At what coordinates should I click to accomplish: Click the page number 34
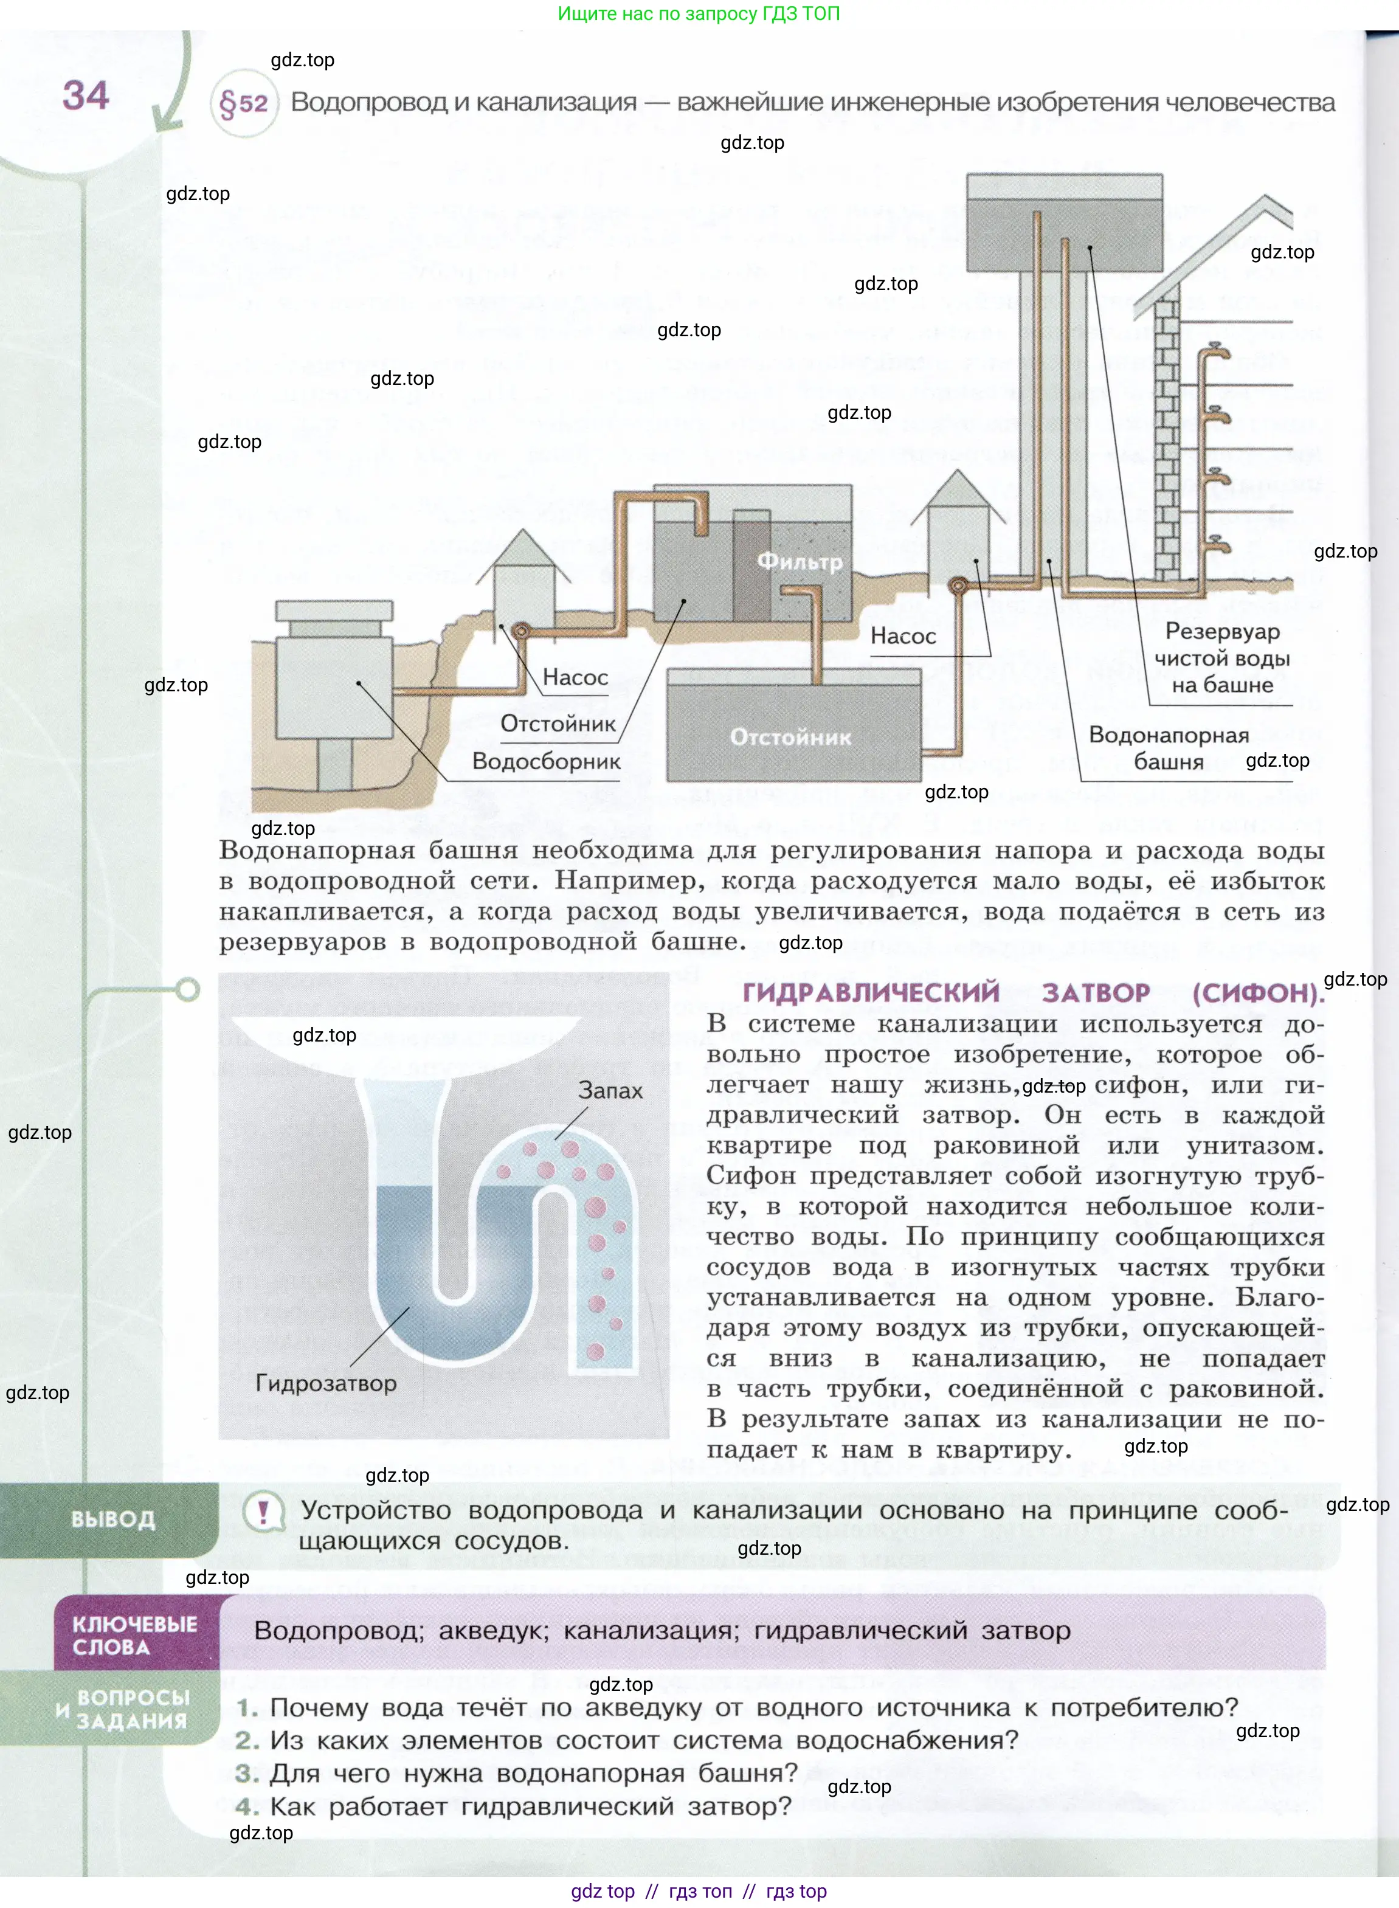(86, 95)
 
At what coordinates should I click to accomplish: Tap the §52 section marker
(243, 104)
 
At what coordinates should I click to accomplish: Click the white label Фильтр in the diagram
(800, 561)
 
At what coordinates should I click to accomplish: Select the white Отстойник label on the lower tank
(790, 737)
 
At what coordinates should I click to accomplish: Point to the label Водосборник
(546, 761)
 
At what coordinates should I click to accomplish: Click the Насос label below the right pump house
(903, 636)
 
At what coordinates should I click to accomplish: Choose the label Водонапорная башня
(1169, 748)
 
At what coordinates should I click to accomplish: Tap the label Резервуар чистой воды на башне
(1222, 658)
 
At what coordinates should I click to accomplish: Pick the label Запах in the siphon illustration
(610, 1090)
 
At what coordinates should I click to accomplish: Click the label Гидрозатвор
(326, 1383)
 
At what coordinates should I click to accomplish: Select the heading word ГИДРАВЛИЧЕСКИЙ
(871, 992)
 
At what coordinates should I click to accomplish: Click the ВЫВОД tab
(112, 1519)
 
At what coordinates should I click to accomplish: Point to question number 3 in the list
(246, 1774)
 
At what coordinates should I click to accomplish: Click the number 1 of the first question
(246, 1707)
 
